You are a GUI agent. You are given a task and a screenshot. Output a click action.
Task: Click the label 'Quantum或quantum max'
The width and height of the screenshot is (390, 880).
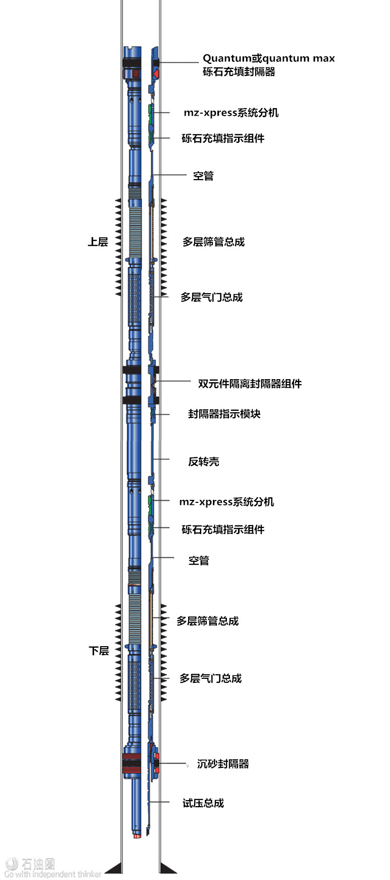(269, 58)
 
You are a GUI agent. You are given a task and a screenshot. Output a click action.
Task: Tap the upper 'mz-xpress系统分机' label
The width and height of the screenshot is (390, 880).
(231, 113)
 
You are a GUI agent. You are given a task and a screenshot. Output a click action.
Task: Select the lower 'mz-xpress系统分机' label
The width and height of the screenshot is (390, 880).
(226, 502)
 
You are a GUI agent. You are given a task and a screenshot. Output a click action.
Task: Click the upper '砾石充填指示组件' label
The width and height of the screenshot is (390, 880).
(223, 138)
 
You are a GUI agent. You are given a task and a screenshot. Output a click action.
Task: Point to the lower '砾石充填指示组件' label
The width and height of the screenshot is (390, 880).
(223, 530)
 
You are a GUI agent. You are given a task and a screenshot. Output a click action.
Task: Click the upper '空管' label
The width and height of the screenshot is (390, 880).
(203, 175)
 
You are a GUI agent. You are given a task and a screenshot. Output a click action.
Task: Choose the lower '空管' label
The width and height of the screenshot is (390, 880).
(199, 560)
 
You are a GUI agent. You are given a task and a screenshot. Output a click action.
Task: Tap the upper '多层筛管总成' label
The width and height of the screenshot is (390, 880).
(213, 242)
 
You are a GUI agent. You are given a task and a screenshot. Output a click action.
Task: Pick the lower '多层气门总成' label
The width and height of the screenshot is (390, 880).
(211, 678)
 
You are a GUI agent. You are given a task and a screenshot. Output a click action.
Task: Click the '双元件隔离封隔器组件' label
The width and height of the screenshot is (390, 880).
(250, 384)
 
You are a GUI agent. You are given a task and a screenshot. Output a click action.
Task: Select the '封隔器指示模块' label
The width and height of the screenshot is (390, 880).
(224, 414)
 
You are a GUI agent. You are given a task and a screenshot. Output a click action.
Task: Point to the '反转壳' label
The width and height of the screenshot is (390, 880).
(204, 462)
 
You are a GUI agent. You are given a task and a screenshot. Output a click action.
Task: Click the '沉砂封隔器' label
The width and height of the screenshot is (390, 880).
(223, 764)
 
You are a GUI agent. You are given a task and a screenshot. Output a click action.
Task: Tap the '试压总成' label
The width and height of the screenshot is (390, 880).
(203, 803)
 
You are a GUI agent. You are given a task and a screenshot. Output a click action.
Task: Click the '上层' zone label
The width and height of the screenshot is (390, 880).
(98, 242)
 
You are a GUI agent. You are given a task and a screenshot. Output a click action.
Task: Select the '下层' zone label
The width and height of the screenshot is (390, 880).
(99, 651)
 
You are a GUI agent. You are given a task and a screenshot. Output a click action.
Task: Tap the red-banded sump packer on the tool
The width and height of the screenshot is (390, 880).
(132, 763)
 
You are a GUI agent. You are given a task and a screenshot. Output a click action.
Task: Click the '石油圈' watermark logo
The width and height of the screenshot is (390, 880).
(30, 864)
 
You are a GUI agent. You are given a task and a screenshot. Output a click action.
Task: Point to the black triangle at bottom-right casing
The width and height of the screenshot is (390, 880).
(168, 868)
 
